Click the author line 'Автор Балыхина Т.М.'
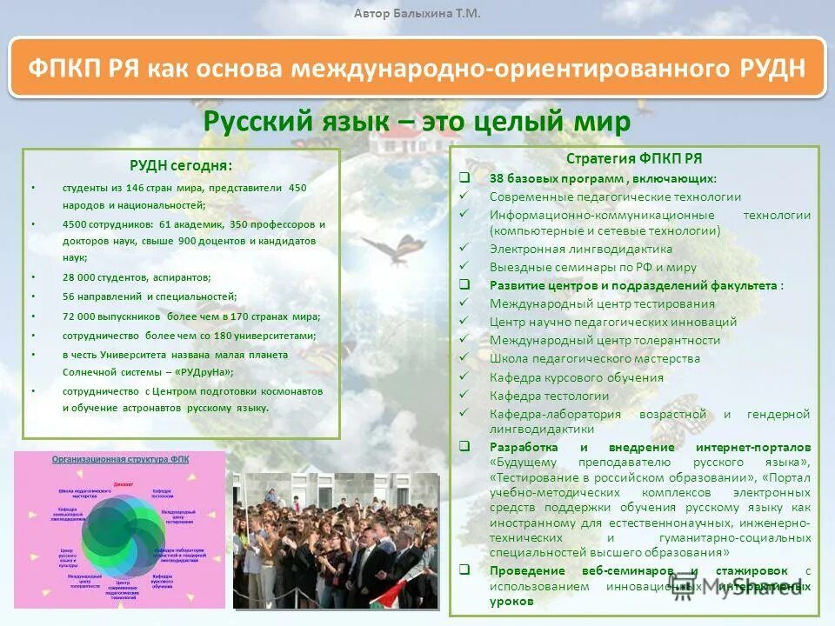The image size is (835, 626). coord(417,13)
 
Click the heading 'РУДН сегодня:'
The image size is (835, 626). coord(181,165)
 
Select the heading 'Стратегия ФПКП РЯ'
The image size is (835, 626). coord(633,158)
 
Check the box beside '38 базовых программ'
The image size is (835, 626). coord(464,178)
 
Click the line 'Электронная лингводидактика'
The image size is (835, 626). coord(580,249)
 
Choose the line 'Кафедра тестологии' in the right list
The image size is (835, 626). coord(549,396)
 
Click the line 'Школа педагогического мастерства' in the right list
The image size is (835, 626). coord(594,358)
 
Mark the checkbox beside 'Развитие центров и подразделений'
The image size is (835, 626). coord(464,285)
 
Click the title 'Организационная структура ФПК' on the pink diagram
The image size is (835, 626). coord(120,459)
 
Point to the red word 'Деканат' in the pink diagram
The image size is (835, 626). coord(124,483)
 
